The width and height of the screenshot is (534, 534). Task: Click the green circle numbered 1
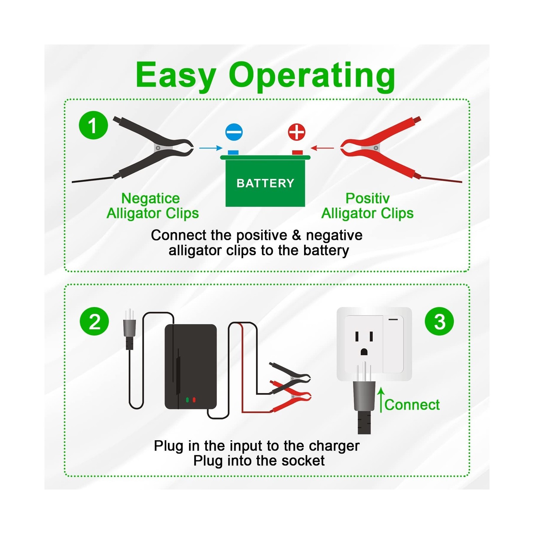93,125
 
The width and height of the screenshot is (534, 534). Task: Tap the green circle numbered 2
94,321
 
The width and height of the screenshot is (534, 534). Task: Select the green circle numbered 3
439,321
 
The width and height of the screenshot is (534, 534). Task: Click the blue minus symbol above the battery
234,132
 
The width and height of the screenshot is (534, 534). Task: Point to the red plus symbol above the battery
296,132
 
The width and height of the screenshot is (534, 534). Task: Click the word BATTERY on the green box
265,183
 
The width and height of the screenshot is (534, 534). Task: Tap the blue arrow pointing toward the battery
211,148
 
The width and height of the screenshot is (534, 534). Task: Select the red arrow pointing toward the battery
322,148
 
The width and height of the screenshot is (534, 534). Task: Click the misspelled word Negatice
150,198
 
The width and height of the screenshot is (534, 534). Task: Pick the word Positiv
367,198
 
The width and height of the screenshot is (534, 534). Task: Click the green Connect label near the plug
412,405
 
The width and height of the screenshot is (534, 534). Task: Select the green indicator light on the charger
187,399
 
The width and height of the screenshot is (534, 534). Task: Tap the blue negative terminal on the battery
233,153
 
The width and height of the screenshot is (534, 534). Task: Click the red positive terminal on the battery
297,153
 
